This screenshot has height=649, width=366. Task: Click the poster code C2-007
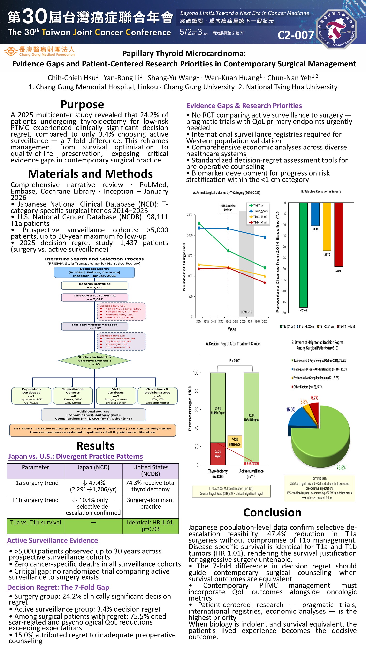point(296,35)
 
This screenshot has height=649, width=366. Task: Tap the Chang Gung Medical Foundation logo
point(40,51)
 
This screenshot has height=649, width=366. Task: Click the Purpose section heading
point(82,104)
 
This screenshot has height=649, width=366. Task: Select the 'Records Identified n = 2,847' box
point(95,286)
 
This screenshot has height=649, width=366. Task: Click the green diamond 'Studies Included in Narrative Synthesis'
point(94,361)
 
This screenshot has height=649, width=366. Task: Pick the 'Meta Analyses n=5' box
point(116,396)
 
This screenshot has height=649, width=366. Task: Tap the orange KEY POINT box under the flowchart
point(92,430)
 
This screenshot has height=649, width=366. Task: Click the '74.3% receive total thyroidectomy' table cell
point(150,486)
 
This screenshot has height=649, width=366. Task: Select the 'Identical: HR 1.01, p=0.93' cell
point(150,525)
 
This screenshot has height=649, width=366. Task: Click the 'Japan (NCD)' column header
point(93,467)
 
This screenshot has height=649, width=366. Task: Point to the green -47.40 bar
point(303,254)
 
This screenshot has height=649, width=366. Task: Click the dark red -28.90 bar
point(338,234)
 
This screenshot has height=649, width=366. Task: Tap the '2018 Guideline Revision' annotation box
point(228,208)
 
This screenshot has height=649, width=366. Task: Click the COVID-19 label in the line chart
point(246,312)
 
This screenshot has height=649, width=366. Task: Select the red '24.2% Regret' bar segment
point(218,453)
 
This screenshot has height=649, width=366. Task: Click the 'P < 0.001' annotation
point(235,361)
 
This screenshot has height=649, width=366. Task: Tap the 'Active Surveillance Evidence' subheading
point(53,540)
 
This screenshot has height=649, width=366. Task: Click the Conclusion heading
point(272,512)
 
